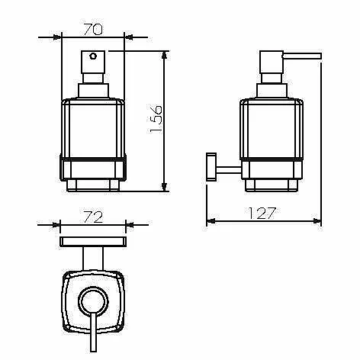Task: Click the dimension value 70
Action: coord(93,29)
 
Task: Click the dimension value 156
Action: coord(156,119)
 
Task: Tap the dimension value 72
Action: coord(93,217)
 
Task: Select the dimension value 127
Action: coord(262,214)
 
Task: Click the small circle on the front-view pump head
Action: coord(93,56)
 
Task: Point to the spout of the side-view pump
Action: coord(302,56)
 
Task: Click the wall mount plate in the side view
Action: coord(211,167)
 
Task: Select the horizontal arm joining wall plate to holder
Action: coord(229,170)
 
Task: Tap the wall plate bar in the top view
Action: coord(93,242)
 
